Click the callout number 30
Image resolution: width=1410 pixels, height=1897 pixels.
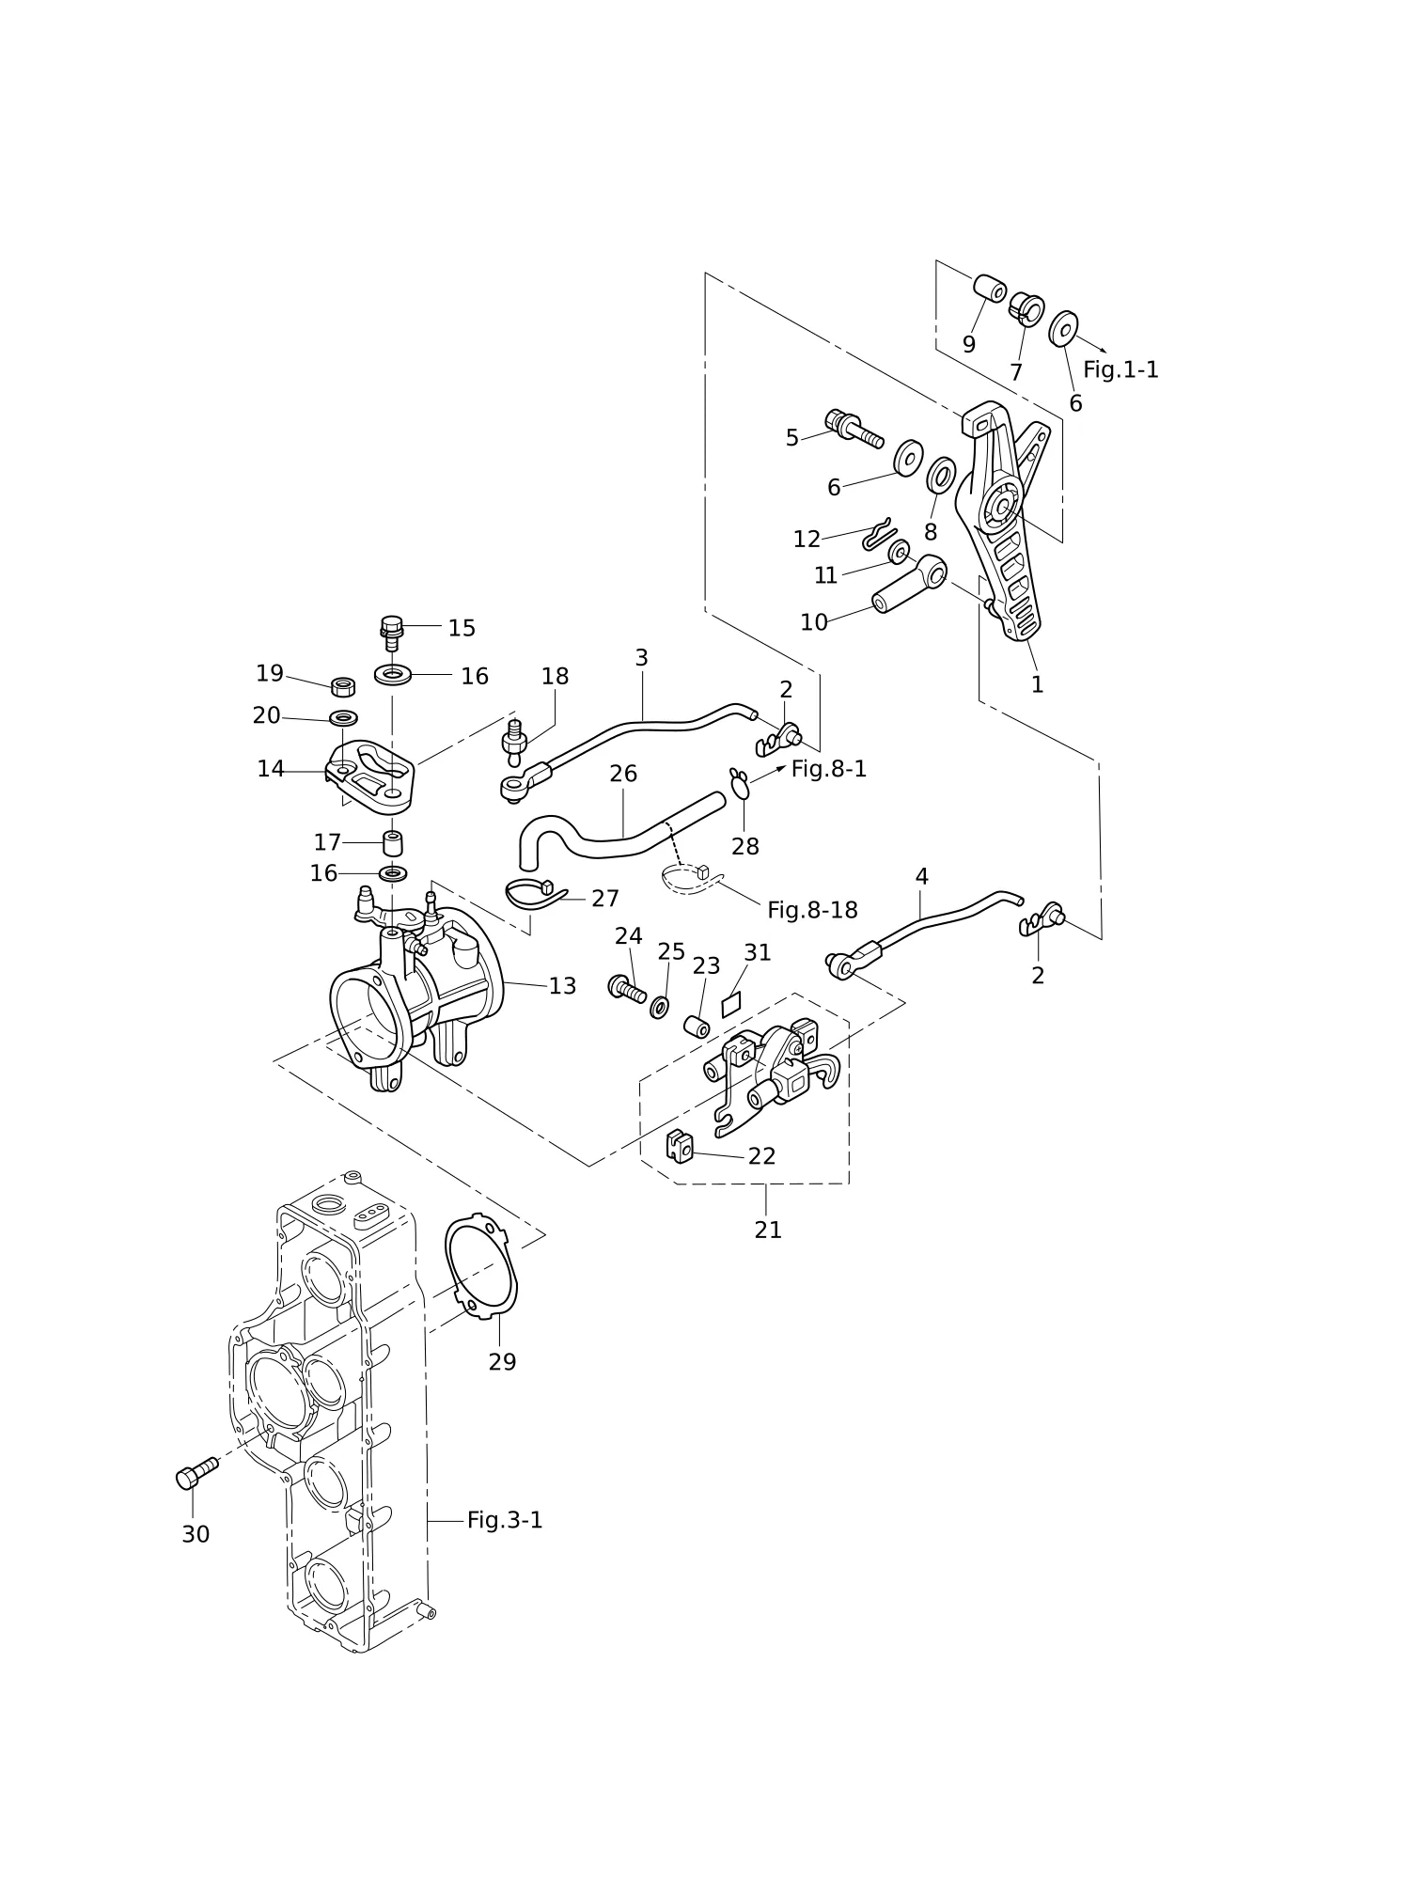pos(196,1534)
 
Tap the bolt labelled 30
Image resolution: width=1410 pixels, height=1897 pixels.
pos(196,1472)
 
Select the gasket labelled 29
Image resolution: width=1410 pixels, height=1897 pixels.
pos(480,1266)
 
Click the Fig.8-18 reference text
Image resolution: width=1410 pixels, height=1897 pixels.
pos(812,910)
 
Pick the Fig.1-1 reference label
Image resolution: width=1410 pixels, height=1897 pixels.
pos(1120,369)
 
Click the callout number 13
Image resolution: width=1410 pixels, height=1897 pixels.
pos(562,986)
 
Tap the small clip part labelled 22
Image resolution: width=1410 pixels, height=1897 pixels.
pos(680,1145)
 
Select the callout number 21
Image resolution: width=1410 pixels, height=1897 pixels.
pos(768,1230)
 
